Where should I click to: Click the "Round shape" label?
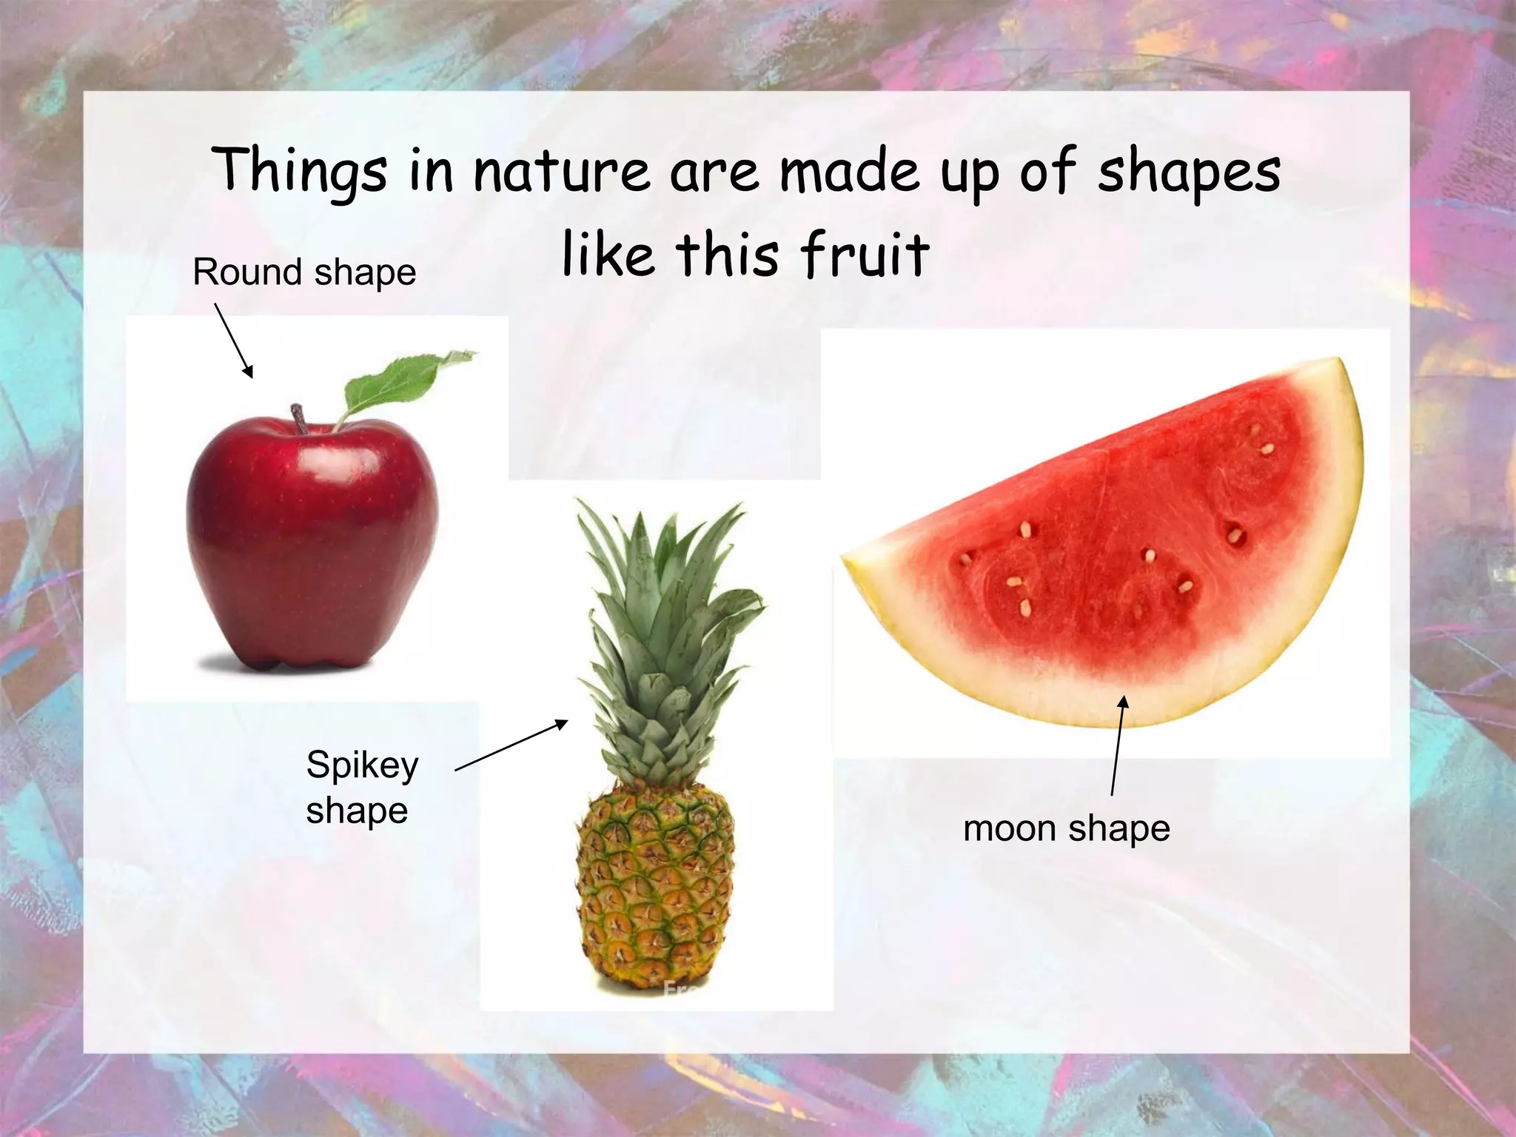304,272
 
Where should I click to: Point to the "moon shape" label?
1066,828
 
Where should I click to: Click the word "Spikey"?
362,765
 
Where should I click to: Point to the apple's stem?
299,419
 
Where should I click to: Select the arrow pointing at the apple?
234,341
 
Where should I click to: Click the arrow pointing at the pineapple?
511,745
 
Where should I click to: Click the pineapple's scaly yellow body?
655,888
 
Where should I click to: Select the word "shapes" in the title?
1188,172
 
